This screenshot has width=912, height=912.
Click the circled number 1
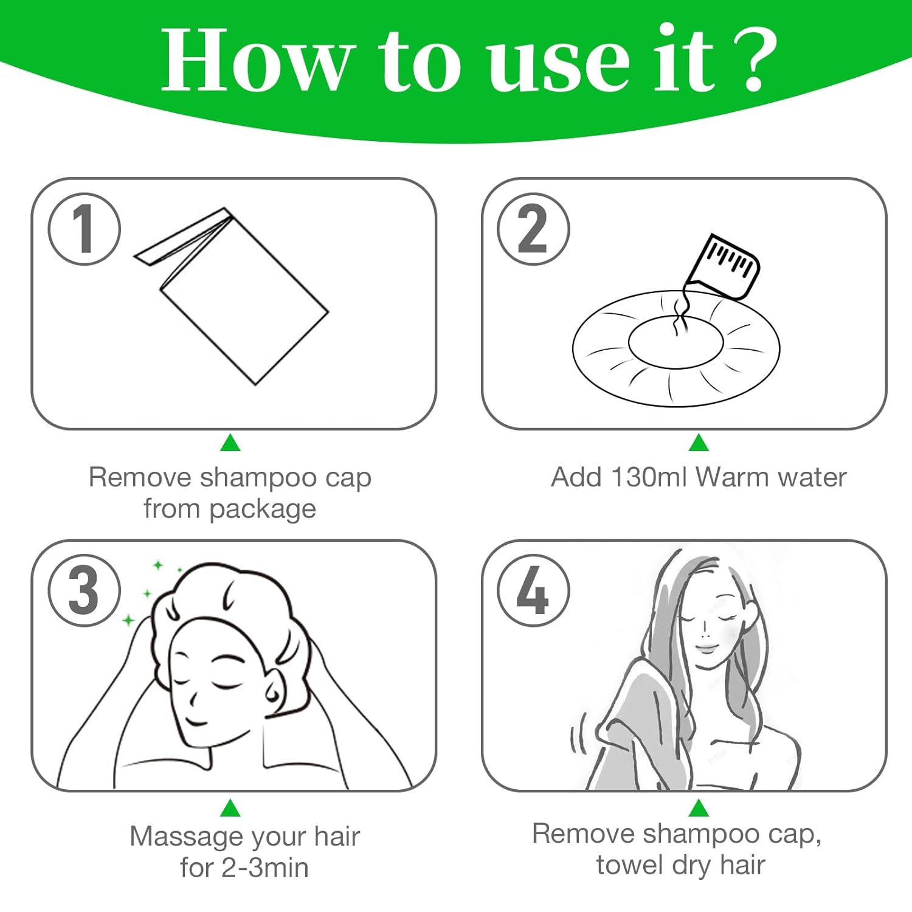(x=85, y=229)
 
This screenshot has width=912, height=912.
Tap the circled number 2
(x=533, y=229)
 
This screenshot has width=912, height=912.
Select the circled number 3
(x=85, y=590)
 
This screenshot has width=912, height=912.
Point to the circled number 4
(x=533, y=590)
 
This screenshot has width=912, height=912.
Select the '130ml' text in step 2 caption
(x=650, y=477)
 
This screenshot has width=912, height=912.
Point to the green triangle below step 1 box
(x=230, y=443)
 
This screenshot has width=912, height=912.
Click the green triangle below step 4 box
(x=699, y=808)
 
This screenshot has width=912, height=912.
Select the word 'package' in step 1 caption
(x=263, y=509)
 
